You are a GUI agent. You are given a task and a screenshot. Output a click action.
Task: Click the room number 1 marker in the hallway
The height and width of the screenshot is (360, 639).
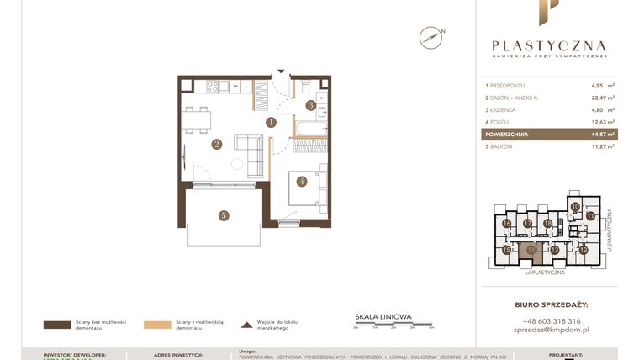pos(271,122)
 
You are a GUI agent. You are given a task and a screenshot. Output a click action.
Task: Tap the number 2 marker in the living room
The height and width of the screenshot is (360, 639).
pos(216,144)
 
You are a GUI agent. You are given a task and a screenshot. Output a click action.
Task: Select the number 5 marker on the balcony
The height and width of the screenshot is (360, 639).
pos(223,215)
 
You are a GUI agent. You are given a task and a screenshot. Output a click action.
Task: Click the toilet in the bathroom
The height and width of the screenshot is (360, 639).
pos(306,87)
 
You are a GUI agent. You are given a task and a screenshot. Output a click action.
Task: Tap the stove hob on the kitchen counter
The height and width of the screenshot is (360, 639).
pos(213,85)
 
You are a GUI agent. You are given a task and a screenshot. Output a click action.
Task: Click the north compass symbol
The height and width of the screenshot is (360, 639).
pos(430,37)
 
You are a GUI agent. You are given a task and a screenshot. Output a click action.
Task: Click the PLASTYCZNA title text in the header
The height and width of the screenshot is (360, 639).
pos(549,46)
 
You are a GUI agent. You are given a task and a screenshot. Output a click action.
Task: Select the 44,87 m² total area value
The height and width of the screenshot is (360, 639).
pos(601,134)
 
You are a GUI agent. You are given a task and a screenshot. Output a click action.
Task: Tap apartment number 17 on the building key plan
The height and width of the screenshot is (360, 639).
pos(527,223)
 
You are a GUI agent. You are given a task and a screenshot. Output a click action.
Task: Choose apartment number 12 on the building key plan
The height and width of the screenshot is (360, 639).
pos(583,250)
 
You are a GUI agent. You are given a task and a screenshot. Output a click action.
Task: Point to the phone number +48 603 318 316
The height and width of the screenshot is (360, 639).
pos(551,321)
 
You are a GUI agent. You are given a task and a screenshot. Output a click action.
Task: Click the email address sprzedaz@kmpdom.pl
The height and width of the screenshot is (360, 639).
pos(551,331)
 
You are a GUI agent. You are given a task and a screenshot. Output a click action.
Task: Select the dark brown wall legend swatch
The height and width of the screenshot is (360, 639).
pos(58,324)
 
